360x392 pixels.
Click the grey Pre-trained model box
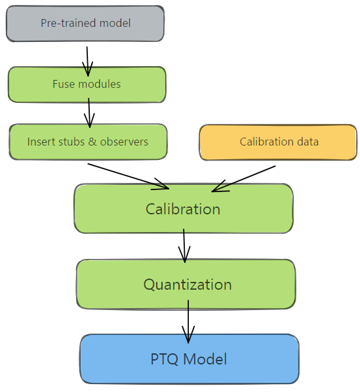(x=85, y=24)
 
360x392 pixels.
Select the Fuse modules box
(x=87, y=85)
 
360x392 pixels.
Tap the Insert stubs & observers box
(x=88, y=142)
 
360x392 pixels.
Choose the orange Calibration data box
(x=278, y=142)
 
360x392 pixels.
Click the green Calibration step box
(x=183, y=208)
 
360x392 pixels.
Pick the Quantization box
(x=186, y=284)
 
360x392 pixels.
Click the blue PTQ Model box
(x=189, y=359)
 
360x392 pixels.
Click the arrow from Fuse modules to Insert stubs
(x=89, y=112)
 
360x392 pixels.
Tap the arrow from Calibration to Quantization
(x=184, y=245)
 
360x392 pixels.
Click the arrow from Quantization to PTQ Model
(x=188, y=321)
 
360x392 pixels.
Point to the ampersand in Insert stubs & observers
(x=90, y=142)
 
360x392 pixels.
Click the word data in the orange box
(x=307, y=142)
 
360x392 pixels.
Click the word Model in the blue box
(x=205, y=359)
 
